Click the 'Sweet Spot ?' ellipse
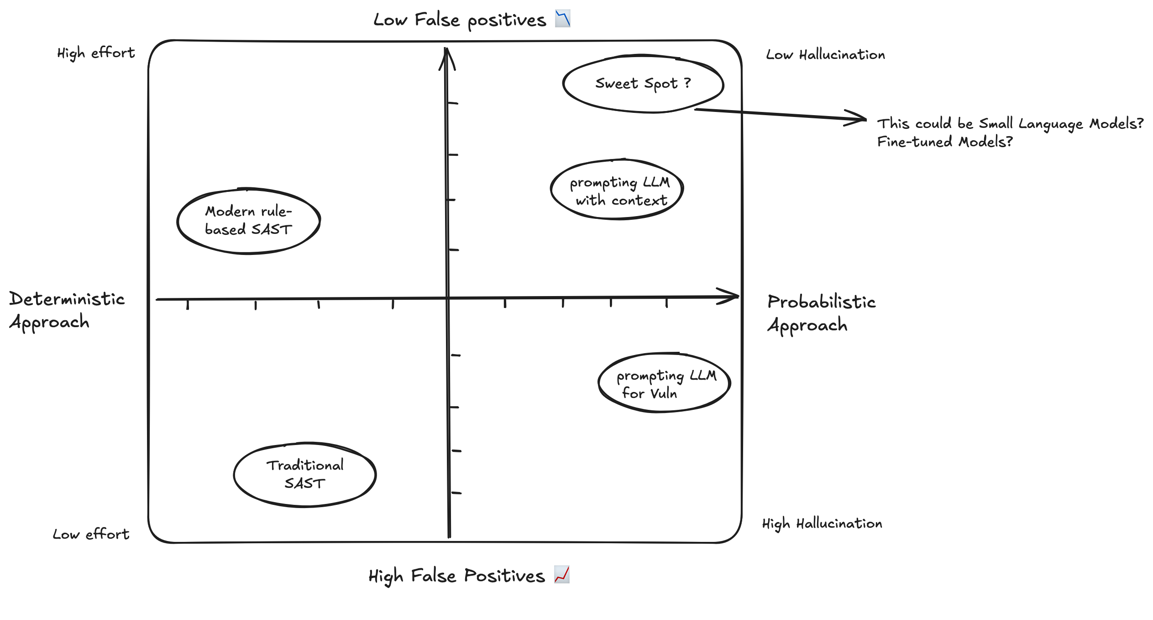pos(643,84)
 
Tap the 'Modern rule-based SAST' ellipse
pos(248,221)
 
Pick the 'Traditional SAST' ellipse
pos(304,475)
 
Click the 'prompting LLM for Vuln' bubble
pos(664,383)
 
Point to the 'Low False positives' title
pos(459,20)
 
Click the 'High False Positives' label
pos(456,576)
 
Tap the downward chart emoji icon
pos(562,19)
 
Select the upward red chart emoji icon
pos(562,574)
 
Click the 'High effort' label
pos(96,53)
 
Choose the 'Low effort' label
pos(91,534)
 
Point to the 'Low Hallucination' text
pos(825,55)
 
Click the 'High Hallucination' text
pos(822,524)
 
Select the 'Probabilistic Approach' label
pos(821,313)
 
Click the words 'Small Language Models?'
pos(1061,124)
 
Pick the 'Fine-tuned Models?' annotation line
pos(944,142)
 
